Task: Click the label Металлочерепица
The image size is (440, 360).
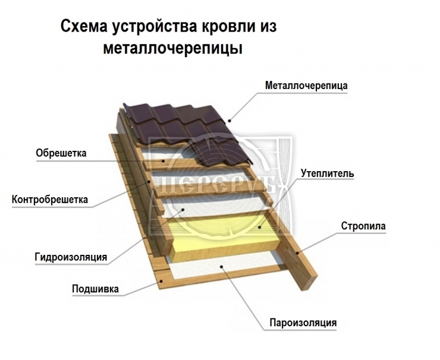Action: pos(306,86)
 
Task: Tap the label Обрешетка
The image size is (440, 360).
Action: pos(61,153)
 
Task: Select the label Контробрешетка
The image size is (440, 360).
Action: pos(50,200)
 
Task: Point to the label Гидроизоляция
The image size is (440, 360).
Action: pos(71,257)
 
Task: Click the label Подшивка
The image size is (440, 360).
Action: pos(95,289)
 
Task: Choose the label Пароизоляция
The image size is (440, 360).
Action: pos(303,323)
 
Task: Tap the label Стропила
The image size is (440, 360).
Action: pos(363,226)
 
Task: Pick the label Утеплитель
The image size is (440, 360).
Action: pos(328,173)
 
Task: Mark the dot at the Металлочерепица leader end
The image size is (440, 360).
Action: pos(230,121)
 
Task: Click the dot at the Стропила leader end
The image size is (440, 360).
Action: pos(297,253)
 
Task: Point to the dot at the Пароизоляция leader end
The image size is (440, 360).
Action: pos(222,267)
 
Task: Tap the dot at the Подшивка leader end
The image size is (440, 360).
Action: pos(161,281)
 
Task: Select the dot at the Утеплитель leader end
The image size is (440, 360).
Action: pos(260,227)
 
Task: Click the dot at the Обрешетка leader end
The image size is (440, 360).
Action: pos(163,161)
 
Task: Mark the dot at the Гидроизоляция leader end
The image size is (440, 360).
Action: pos(183,210)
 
